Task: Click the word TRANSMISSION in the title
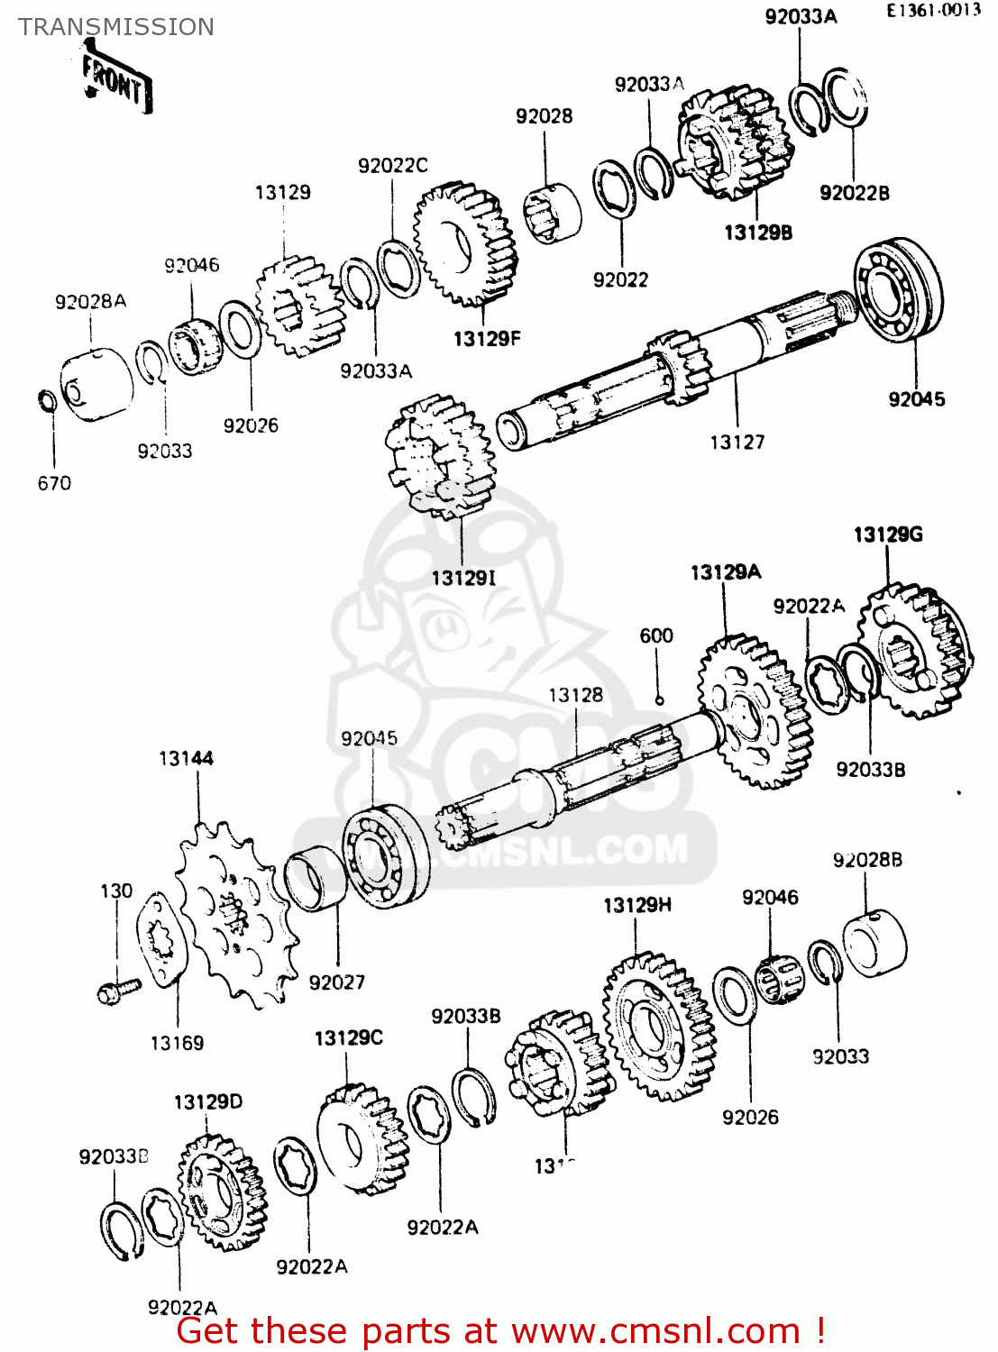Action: click(x=116, y=27)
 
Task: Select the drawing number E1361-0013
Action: click(x=932, y=11)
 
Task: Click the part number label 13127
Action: click(x=737, y=442)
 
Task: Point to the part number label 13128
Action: click(x=575, y=695)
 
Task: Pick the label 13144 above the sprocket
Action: click(x=186, y=759)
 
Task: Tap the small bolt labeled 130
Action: click(x=118, y=991)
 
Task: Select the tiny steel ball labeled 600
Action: click(x=659, y=700)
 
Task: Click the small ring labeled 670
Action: click(x=47, y=400)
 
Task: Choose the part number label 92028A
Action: click(x=90, y=302)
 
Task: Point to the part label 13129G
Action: click(x=888, y=534)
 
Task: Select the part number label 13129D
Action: click(x=207, y=1101)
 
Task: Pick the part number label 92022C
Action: click(x=392, y=166)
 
